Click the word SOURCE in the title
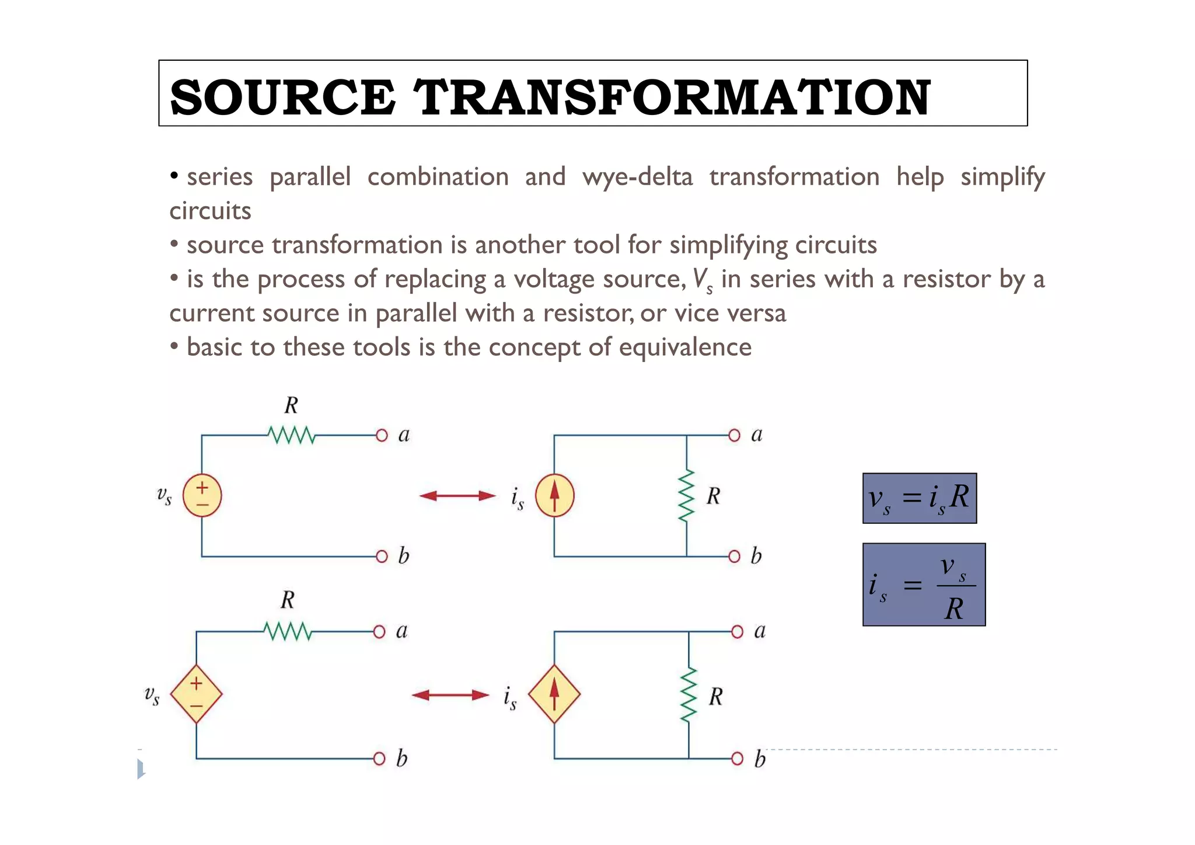(282, 97)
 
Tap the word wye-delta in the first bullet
(637, 176)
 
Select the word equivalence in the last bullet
(685, 347)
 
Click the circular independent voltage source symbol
(202, 496)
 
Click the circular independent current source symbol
(554, 496)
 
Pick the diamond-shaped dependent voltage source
(196, 694)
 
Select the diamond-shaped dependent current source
(554, 694)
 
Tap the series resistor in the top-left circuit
(291, 436)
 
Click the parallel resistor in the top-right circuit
(687, 496)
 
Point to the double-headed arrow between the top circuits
(457, 496)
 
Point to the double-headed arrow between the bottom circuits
(450, 695)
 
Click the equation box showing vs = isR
(919, 498)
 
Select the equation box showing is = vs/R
(924, 585)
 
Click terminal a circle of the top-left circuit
(382, 436)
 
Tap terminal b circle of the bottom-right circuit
(737, 759)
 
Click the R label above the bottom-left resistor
(287, 600)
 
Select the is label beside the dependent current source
(510, 697)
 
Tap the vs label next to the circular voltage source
(165, 496)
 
